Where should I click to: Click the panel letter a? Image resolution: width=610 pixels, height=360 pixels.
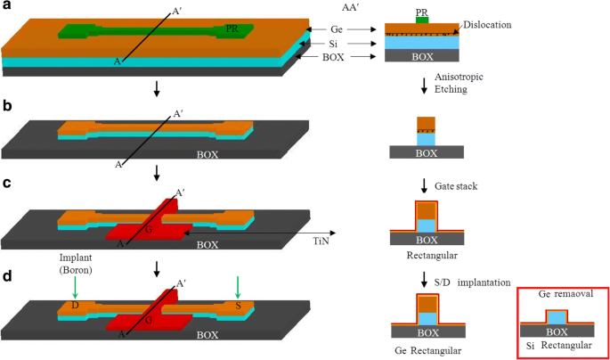6,6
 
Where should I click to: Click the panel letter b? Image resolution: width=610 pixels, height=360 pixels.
6,106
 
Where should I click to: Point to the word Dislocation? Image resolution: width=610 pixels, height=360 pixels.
487,25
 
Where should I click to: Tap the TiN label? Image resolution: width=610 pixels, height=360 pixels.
321,241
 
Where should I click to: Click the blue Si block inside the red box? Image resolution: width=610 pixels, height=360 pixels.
557,315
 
